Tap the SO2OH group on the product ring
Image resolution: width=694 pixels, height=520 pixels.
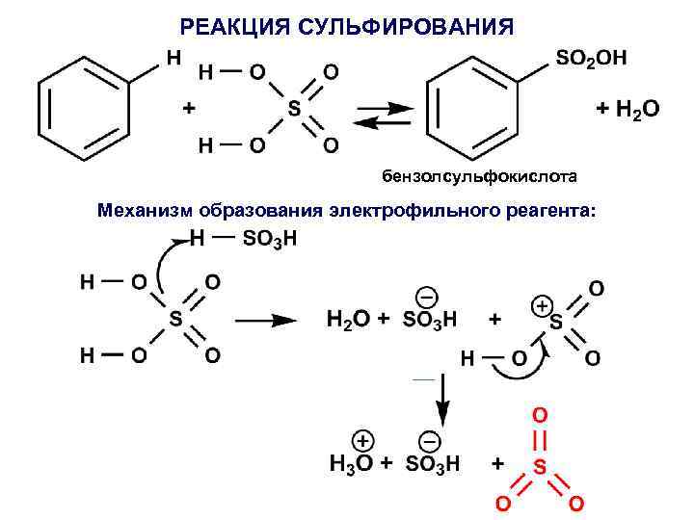click(591, 58)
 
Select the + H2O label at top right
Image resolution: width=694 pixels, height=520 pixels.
click(627, 110)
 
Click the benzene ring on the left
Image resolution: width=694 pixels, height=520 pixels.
click(81, 109)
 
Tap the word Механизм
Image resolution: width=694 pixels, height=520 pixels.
click(146, 210)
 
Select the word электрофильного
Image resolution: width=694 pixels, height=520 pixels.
click(414, 210)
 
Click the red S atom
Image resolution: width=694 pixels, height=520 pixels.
click(540, 466)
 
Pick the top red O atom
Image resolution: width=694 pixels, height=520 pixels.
click(540, 414)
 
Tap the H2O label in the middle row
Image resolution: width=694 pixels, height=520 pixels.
click(348, 319)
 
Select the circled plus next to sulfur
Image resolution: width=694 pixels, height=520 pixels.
click(542, 304)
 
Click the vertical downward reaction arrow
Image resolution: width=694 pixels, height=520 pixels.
click(443, 400)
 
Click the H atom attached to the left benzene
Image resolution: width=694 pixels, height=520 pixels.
click(173, 57)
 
